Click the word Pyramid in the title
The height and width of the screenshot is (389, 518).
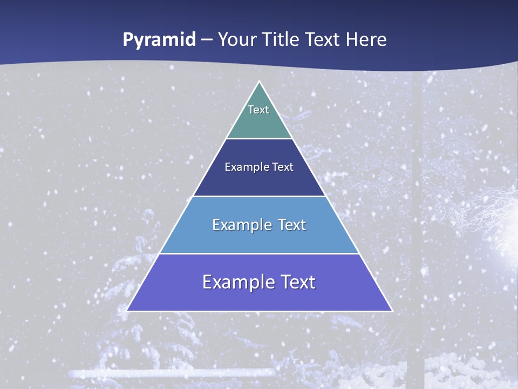(159, 40)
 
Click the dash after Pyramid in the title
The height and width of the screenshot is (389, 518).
(207, 40)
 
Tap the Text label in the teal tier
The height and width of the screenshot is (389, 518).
(258, 110)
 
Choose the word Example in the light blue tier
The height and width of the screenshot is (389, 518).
(241, 225)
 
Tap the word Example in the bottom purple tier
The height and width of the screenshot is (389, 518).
(235, 282)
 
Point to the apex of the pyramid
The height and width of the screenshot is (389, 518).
(260, 82)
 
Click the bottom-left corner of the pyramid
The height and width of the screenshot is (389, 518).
(127, 311)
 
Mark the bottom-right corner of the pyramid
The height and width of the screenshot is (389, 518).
(392, 311)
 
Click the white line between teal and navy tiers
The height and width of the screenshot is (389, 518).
(259, 139)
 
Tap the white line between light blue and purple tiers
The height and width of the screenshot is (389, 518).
(259, 253)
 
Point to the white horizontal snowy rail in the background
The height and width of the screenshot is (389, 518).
(173, 373)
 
